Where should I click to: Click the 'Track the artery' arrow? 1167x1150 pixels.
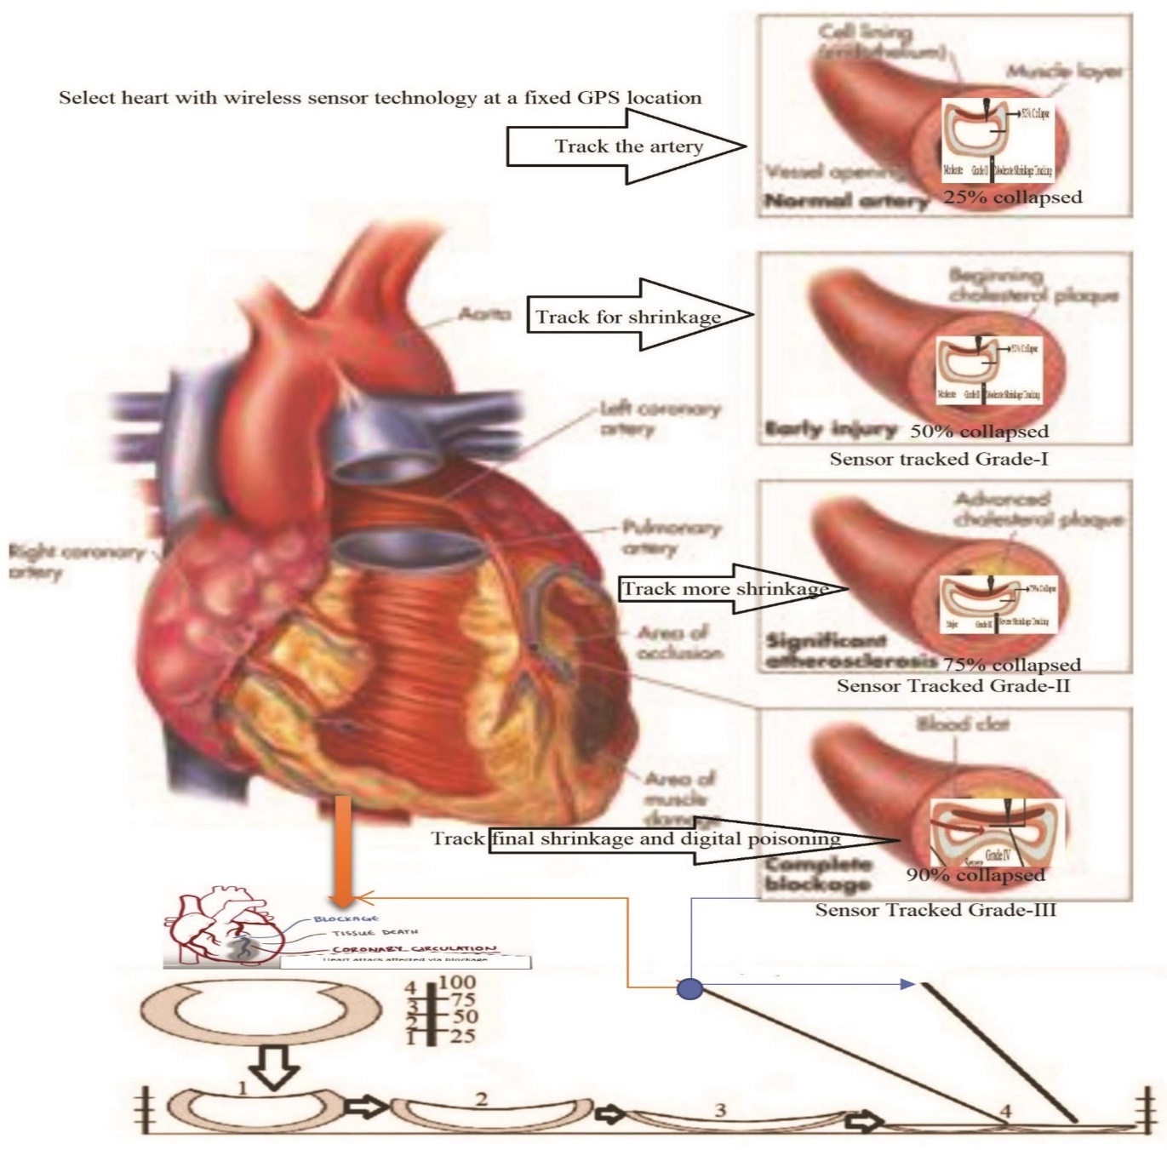pos(627,146)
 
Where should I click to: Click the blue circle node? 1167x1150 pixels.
pos(689,988)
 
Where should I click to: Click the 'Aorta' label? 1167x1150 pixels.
pos(484,315)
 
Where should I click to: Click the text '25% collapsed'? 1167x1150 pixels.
pos(1012,197)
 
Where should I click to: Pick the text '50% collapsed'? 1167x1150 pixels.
pos(979,431)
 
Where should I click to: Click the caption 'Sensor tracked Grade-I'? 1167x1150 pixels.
pos(938,460)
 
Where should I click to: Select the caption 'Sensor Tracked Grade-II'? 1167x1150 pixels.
pos(952,686)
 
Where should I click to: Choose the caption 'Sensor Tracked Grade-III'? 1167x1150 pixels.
pos(935,910)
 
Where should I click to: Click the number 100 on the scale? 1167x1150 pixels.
pos(457,984)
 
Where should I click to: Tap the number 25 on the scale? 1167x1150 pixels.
pos(462,1036)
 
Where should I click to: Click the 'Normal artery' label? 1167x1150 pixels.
pos(845,201)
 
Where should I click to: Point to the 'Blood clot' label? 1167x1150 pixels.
pos(962,724)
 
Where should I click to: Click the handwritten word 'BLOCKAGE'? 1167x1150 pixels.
pos(346,919)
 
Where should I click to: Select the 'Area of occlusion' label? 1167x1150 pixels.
pos(678,643)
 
